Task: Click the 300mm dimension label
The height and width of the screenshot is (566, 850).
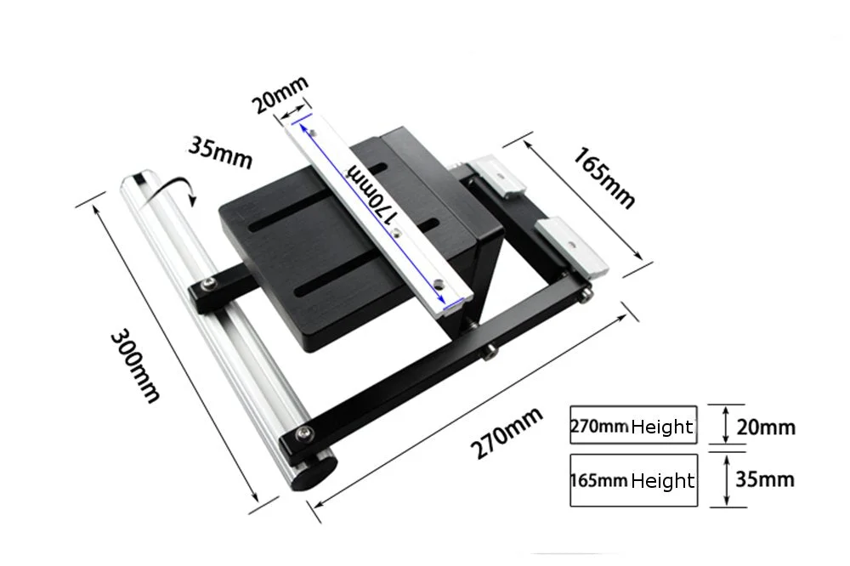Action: (x=135, y=366)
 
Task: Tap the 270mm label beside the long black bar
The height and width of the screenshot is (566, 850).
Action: (x=506, y=432)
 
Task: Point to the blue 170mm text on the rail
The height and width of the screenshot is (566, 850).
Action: (x=373, y=194)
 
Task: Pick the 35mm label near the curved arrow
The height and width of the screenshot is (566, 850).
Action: (x=220, y=153)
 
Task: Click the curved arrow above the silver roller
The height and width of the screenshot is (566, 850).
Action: (x=171, y=190)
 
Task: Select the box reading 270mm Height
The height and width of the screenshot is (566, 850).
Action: (x=633, y=425)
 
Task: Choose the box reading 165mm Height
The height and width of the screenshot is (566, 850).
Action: (x=633, y=480)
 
